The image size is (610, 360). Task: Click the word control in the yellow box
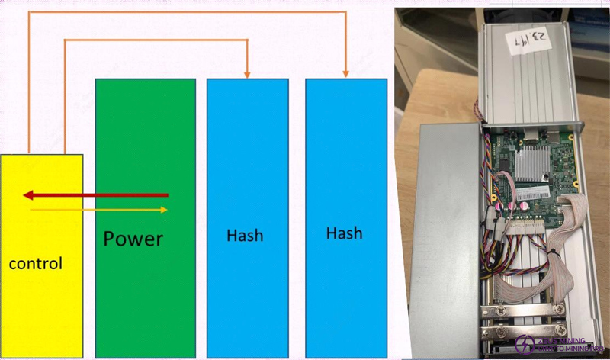point(35,264)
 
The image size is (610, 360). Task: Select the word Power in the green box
point(133,239)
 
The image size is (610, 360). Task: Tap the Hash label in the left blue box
point(245,234)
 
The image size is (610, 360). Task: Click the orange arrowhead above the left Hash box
point(247,73)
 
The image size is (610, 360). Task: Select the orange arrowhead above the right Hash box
point(345,73)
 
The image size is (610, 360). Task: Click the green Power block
point(145,153)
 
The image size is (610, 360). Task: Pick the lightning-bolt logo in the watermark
point(525,344)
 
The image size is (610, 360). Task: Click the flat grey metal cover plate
point(446,229)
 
